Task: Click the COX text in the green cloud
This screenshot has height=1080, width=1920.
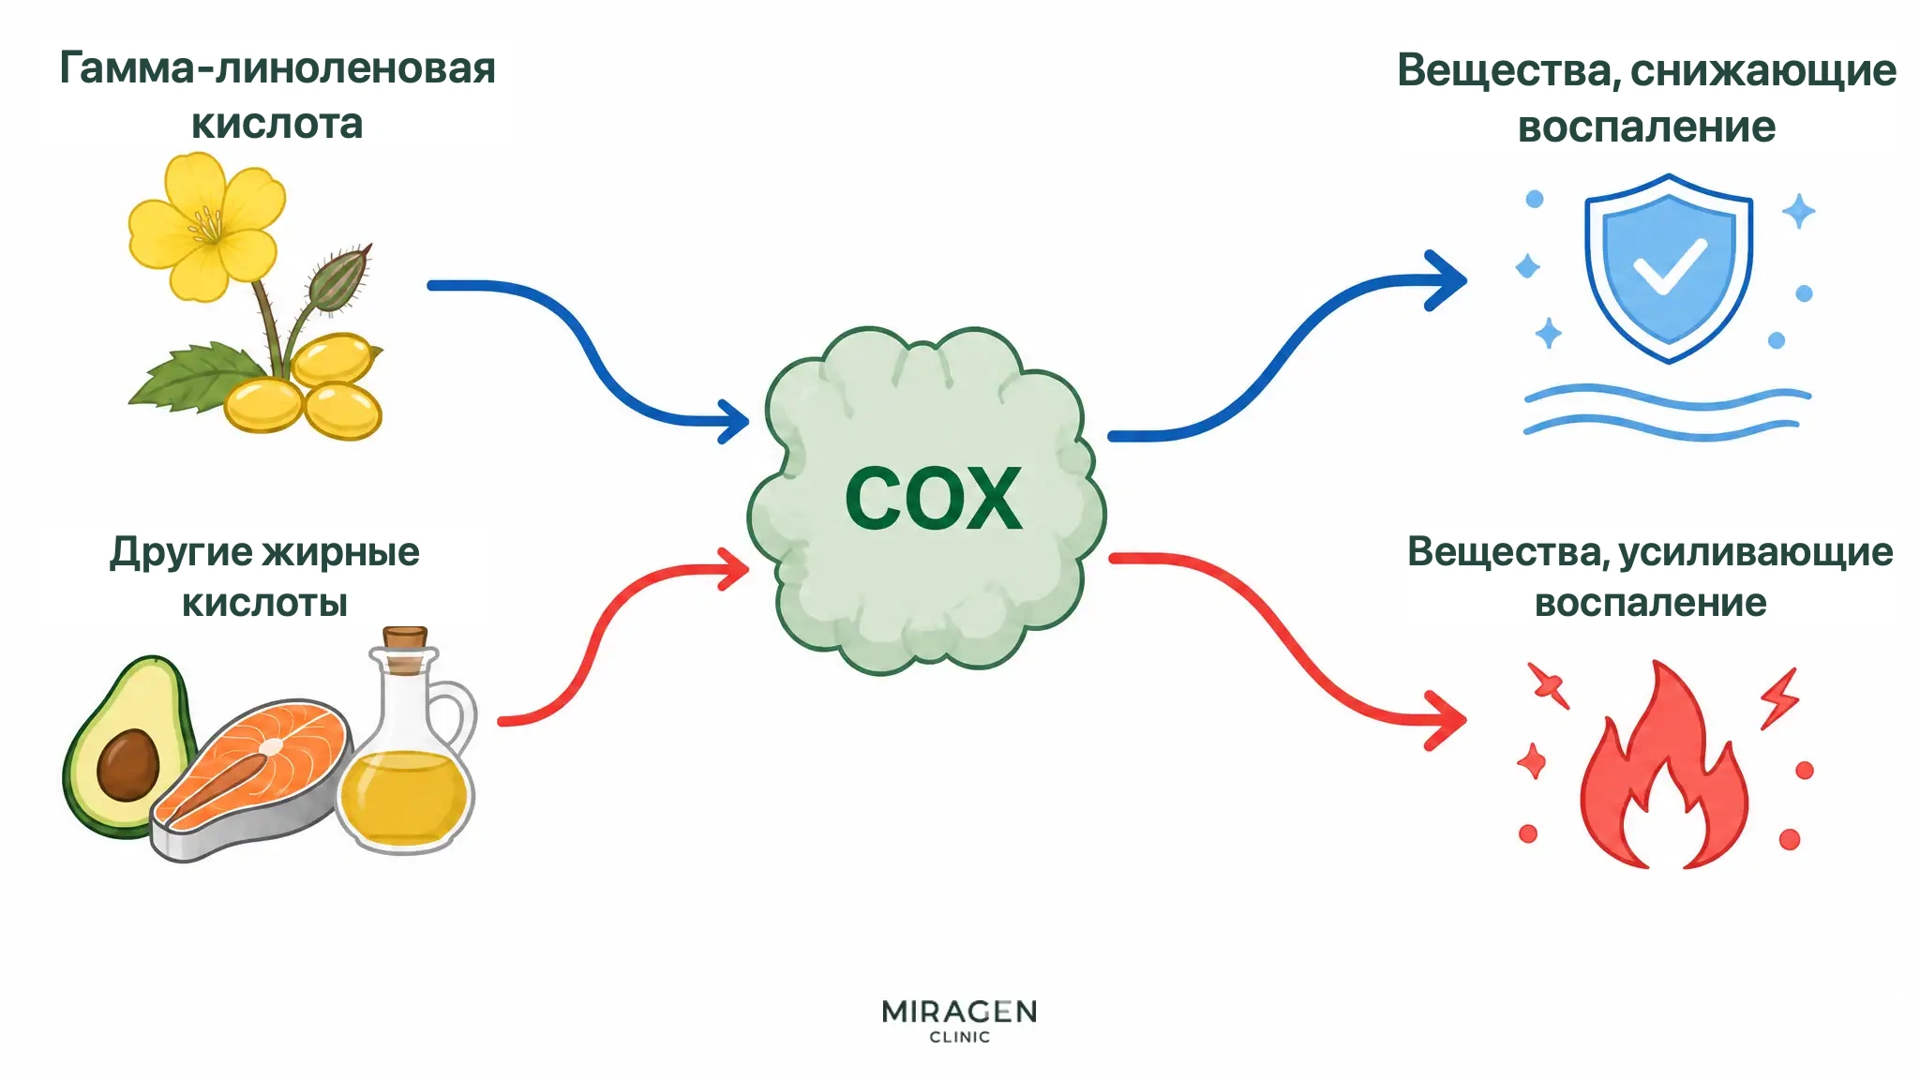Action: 933,498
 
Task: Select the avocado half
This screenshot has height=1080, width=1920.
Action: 127,746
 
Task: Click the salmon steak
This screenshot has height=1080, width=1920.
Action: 251,778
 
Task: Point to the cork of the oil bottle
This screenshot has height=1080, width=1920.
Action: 405,649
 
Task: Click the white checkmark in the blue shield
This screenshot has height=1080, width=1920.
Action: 1670,266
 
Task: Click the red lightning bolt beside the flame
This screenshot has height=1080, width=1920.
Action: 1779,697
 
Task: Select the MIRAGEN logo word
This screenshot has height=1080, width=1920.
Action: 959,1012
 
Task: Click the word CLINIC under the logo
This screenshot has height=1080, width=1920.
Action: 959,1037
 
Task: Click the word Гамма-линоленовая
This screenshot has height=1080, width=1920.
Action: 277,68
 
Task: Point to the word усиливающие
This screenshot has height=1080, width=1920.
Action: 1756,552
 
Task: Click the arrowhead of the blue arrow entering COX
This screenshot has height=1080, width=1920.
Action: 734,421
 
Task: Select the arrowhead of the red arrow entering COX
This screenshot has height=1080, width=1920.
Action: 734,569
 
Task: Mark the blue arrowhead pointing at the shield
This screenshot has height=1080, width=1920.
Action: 1446,279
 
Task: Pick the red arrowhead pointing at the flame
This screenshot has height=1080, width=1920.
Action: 1446,720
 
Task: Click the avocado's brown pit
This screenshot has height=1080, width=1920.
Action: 128,765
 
